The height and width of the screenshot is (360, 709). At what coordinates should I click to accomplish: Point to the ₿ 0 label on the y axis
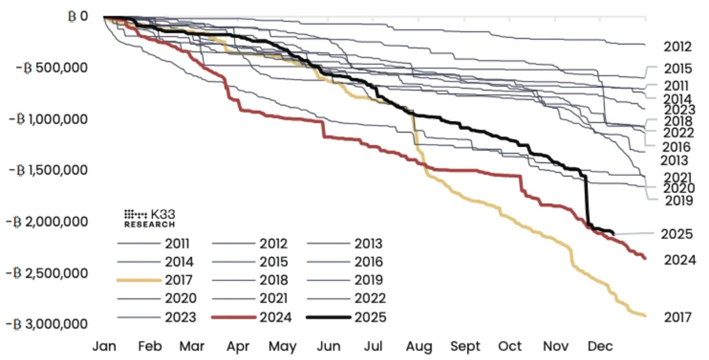coord(78,16)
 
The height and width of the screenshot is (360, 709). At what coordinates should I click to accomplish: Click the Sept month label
coord(465,347)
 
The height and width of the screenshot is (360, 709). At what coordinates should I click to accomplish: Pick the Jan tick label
coord(104,347)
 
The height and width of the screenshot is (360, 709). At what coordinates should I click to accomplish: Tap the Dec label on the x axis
coord(601,347)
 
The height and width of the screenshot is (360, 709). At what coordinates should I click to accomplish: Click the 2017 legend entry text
coord(178,280)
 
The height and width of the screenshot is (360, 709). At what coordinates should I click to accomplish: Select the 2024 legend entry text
coord(274,317)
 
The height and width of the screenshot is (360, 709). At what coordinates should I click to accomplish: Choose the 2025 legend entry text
coord(369,317)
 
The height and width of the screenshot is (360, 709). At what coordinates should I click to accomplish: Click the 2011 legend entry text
coord(178,243)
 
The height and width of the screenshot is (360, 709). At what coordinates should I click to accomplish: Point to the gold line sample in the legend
coord(138,280)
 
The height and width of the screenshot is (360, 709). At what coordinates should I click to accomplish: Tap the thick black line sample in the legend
coord(329,317)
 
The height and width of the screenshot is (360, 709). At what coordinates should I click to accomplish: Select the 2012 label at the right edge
coord(678,47)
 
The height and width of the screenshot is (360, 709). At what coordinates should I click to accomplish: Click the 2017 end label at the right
coord(678,317)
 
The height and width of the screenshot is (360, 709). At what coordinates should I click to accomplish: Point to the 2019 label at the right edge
coord(678,201)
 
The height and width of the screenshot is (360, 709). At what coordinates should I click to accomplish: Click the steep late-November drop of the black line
coord(587,201)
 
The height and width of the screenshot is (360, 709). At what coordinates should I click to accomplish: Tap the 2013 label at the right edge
coord(674,161)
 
